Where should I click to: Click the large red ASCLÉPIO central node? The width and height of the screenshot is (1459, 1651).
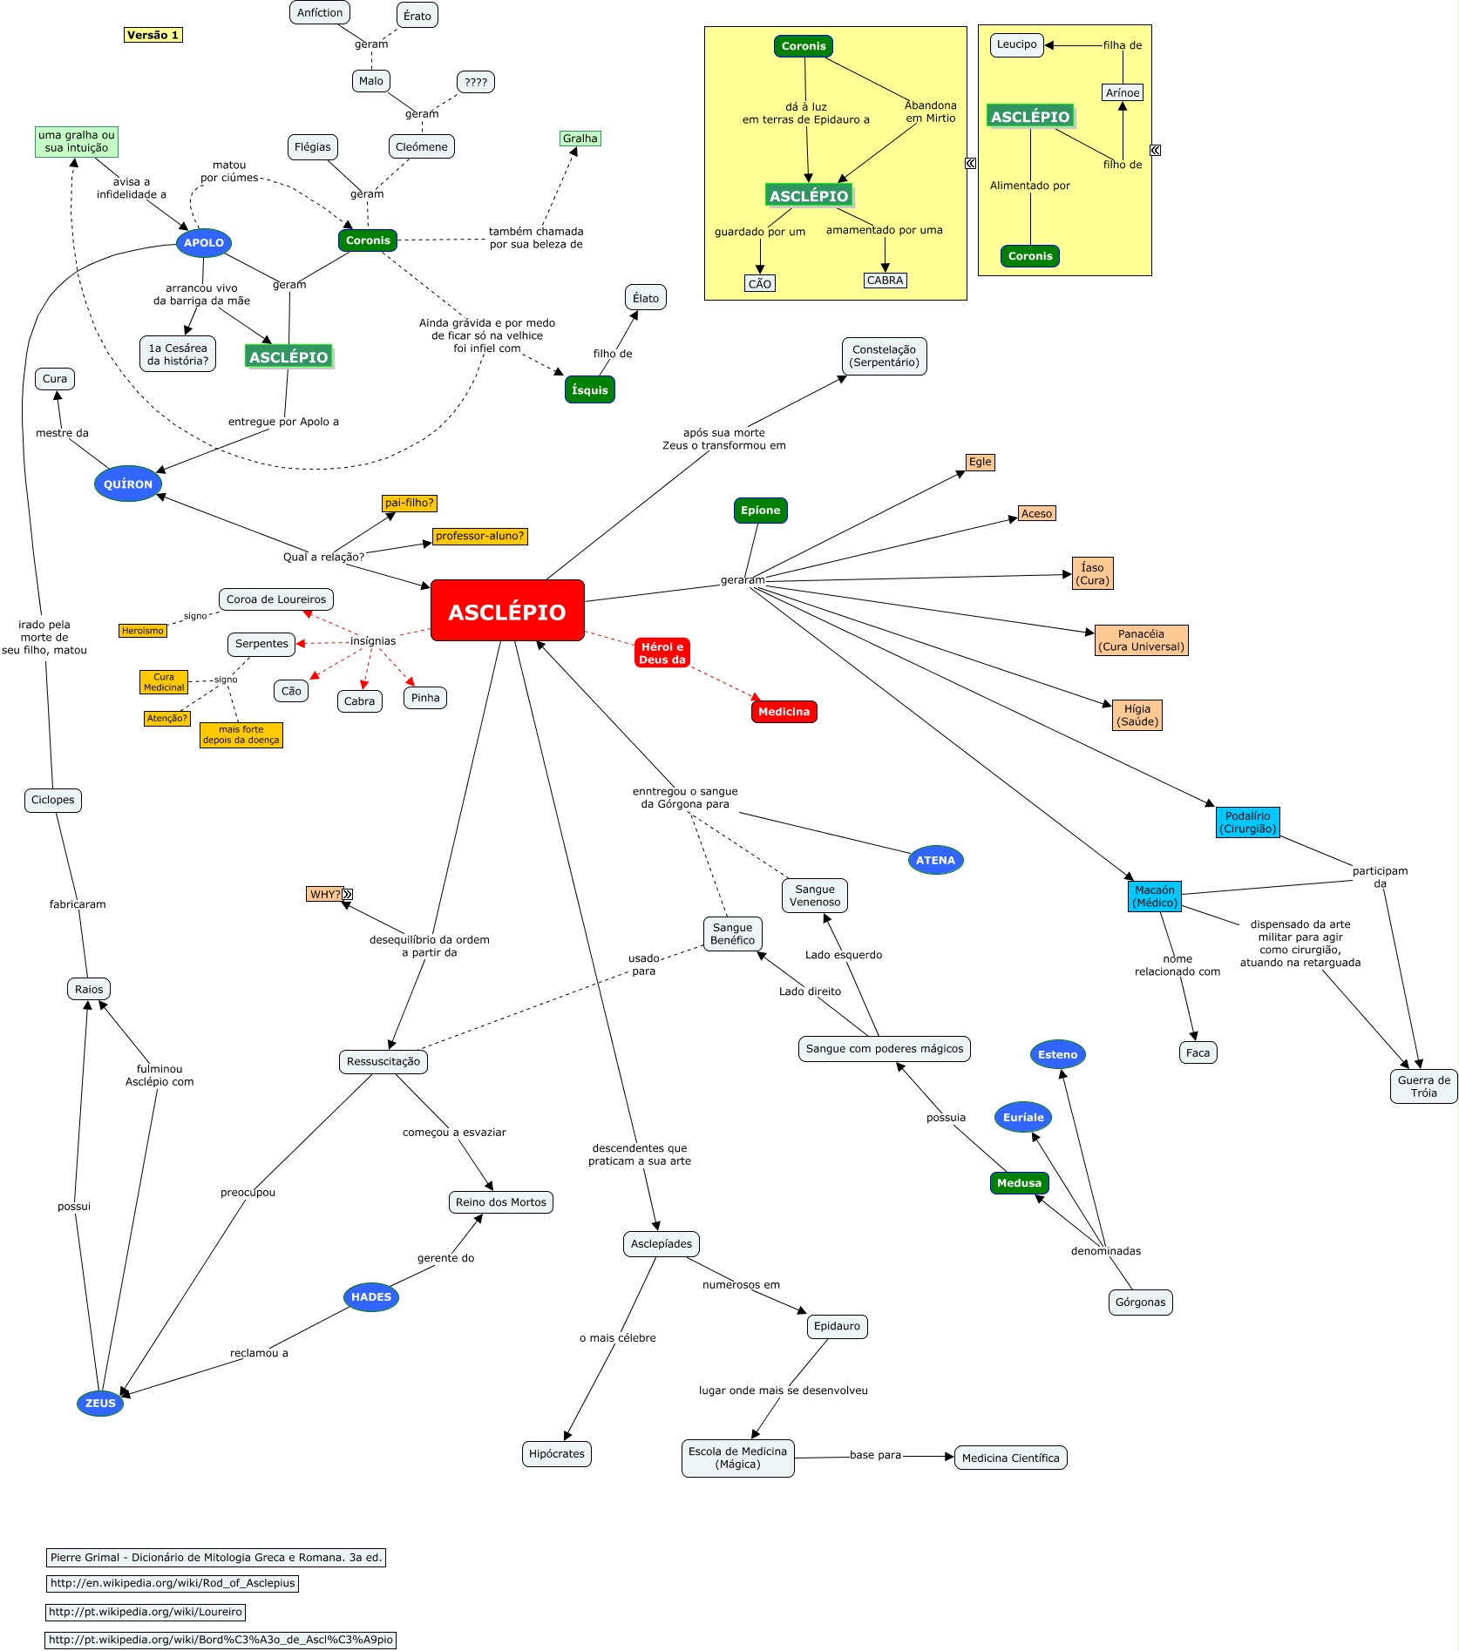(x=507, y=611)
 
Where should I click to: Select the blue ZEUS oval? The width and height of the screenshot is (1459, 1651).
(x=100, y=1403)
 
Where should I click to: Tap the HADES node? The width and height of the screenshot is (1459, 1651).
(x=371, y=1296)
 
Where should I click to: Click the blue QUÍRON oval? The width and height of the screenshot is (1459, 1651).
(x=128, y=484)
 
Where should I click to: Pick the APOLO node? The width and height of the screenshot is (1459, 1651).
(x=204, y=242)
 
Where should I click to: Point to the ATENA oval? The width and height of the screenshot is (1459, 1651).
(x=935, y=860)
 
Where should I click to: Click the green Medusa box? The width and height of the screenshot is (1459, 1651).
(x=1019, y=1182)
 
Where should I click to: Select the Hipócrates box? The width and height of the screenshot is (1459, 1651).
(x=557, y=1453)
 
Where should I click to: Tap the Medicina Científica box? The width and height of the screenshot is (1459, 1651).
(x=1010, y=1458)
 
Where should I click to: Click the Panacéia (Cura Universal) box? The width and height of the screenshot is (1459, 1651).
(x=1141, y=640)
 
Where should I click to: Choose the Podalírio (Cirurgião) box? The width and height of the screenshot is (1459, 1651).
(x=1247, y=822)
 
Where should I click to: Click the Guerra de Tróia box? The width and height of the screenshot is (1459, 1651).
(x=1423, y=1086)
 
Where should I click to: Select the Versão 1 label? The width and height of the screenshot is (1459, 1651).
(x=153, y=35)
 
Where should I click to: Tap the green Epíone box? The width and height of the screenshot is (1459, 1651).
(x=760, y=511)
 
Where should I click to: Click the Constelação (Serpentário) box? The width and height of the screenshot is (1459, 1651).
(x=884, y=356)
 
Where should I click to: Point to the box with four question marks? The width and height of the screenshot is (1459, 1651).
(x=476, y=82)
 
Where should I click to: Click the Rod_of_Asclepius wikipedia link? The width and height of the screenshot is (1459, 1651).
(x=173, y=1583)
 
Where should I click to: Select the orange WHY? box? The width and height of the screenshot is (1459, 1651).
(x=324, y=894)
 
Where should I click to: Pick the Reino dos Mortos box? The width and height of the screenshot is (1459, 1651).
(x=500, y=1202)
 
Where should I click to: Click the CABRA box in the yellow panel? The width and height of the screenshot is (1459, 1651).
(x=885, y=281)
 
